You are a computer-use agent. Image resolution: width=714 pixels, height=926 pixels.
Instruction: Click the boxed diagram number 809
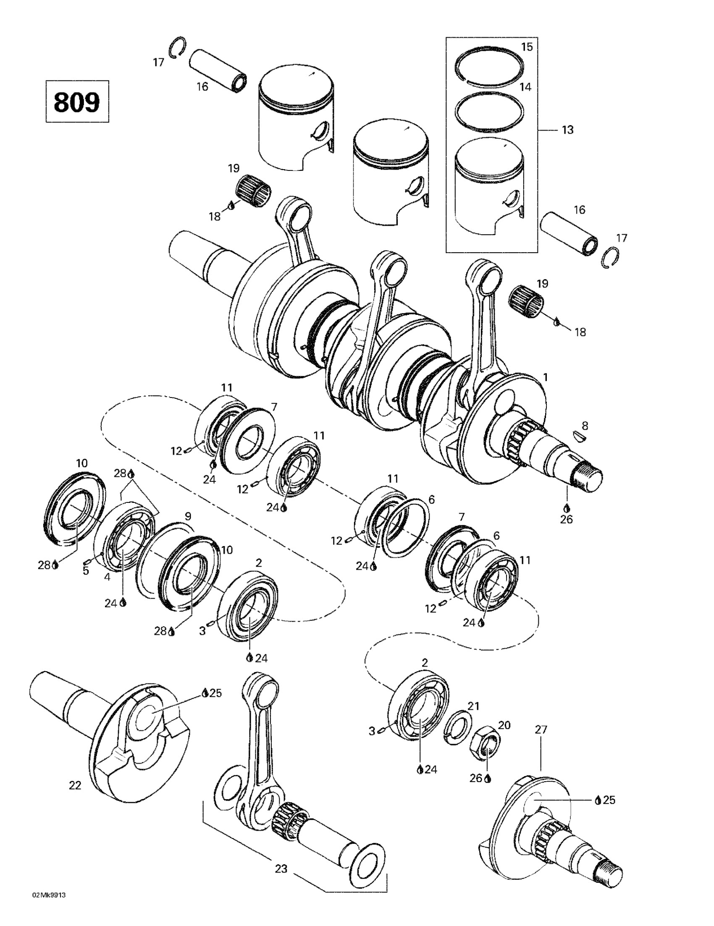click(x=77, y=101)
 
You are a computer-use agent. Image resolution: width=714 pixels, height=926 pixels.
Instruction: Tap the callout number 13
click(x=567, y=130)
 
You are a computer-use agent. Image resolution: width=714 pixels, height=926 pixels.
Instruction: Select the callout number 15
click(x=527, y=47)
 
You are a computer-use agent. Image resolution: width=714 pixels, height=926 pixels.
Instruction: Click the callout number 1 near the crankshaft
click(x=546, y=377)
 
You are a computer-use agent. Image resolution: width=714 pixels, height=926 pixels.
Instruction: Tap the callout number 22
click(x=75, y=786)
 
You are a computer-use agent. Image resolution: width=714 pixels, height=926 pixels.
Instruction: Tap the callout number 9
click(x=187, y=516)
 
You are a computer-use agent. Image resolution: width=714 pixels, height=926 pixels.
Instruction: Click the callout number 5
click(x=86, y=571)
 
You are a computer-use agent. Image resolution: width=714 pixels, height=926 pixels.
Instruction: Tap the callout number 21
click(x=473, y=706)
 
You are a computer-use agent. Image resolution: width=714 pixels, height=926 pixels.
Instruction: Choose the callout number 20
click(x=504, y=725)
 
